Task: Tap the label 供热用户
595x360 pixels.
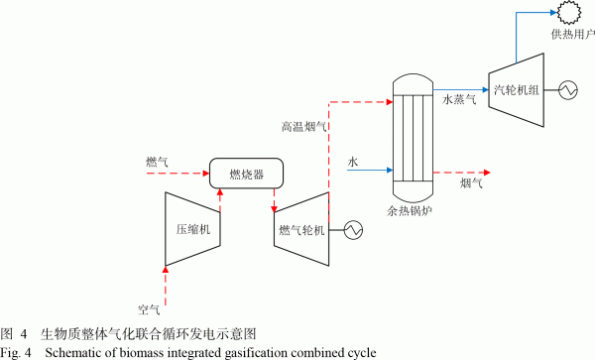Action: (573, 35)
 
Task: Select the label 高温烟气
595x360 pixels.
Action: (304, 126)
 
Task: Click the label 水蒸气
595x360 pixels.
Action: (459, 100)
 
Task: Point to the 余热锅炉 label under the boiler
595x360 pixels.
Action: (410, 211)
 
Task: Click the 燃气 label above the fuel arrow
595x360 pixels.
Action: (157, 162)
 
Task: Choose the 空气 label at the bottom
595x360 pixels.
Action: (149, 310)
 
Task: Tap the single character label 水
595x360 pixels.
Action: (353, 162)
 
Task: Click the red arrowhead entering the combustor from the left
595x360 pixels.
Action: (206, 174)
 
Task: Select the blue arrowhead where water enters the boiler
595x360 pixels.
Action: (390, 170)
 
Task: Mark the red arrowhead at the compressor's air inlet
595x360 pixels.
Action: (165, 270)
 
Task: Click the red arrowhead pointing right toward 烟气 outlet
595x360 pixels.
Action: (487, 173)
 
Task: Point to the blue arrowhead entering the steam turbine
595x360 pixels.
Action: (485, 90)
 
